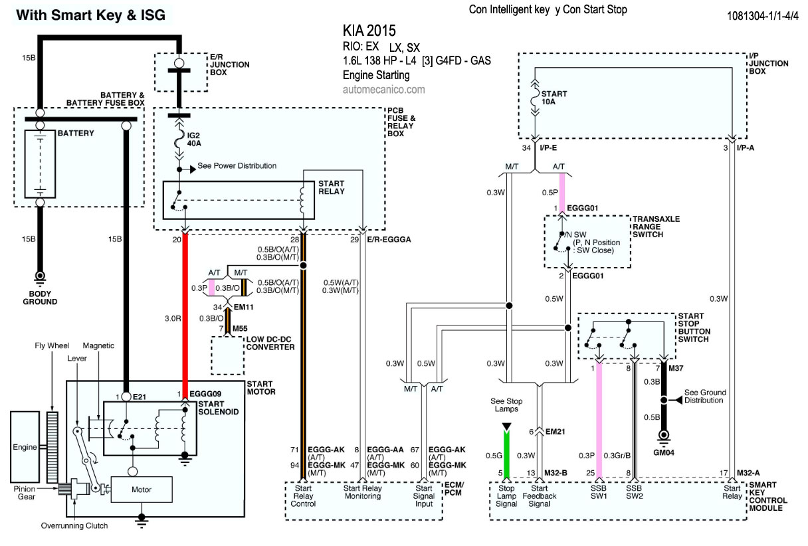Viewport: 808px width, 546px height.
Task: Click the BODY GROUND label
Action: point(39,298)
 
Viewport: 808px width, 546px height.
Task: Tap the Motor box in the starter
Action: point(142,490)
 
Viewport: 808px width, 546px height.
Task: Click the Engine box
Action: point(25,447)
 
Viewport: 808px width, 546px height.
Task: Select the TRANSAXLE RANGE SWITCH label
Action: point(656,227)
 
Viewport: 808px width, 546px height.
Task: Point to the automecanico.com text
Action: point(383,88)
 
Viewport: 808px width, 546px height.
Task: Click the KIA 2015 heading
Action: point(369,31)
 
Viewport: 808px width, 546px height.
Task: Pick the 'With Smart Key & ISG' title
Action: point(90,15)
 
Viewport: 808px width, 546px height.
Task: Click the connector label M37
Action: point(676,367)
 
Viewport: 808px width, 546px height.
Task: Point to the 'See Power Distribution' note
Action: point(237,166)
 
